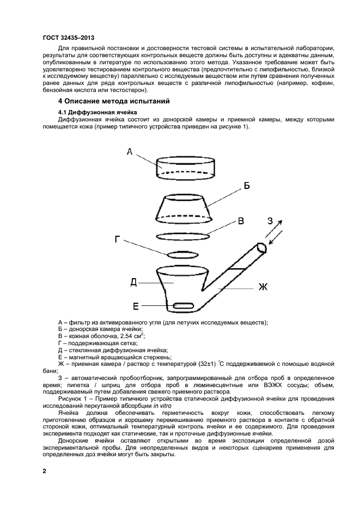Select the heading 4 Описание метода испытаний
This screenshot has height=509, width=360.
click(114, 102)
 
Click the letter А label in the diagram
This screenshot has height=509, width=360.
click(130, 152)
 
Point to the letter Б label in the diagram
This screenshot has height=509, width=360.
click(246, 186)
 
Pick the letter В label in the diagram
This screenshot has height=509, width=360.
click(240, 221)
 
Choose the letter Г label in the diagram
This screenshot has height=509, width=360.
click(118, 239)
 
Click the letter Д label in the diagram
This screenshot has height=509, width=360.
click(133, 281)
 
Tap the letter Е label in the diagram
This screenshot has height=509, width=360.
click(137, 305)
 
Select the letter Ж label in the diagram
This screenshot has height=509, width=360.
click(263, 287)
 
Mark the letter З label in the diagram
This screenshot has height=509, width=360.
click(270, 221)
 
